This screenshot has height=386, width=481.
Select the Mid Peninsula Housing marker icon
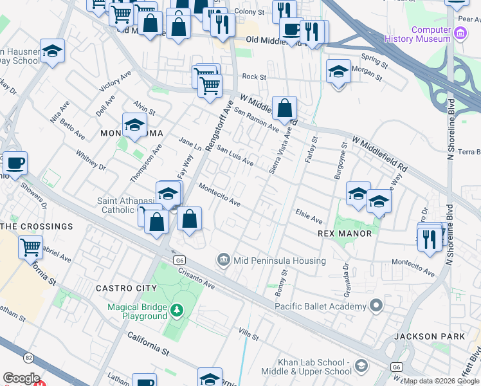(223, 260)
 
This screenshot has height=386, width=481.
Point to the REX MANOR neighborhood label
(345, 234)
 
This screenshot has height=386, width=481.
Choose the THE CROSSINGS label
(37, 226)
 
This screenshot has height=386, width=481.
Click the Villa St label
(248, 336)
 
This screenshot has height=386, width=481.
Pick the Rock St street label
(254, 77)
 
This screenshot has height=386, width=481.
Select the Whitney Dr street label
(91, 161)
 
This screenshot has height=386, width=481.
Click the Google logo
(21, 378)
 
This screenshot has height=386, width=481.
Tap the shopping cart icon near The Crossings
(30, 246)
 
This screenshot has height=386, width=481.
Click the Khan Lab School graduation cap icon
(361, 366)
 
